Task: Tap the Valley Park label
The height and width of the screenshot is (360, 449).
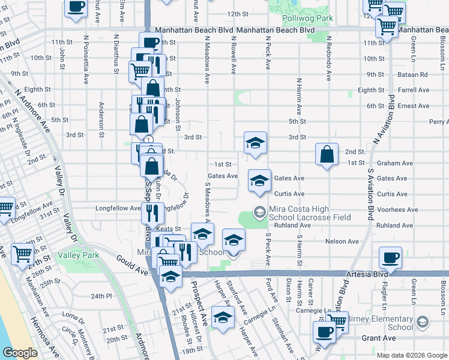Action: point(78,255)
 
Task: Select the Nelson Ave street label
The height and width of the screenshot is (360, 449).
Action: point(342,241)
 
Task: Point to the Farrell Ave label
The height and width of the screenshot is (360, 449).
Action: point(414,90)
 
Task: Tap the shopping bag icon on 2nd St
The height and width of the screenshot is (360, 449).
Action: point(326,155)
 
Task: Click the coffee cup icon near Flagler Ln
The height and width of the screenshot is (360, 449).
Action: point(390,258)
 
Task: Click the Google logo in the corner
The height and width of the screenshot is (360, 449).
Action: point(20,353)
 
